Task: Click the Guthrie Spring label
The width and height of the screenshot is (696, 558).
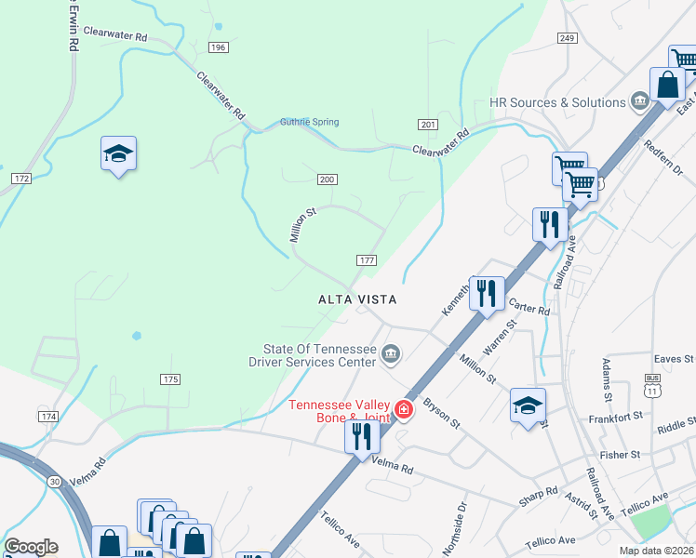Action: click(x=309, y=122)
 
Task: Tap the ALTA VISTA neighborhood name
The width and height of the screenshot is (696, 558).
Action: click(x=358, y=299)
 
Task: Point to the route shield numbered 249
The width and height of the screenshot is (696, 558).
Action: click(x=568, y=37)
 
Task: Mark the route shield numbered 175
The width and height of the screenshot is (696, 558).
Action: click(x=169, y=379)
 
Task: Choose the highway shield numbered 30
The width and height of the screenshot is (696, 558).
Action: click(x=55, y=481)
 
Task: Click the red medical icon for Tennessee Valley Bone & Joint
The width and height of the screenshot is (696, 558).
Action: click(x=404, y=409)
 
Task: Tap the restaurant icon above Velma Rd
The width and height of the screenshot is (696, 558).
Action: click(x=360, y=436)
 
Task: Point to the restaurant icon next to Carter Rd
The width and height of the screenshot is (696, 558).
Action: click(x=487, y=293)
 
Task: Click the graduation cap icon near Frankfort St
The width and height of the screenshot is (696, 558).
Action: click(x=528, y=405)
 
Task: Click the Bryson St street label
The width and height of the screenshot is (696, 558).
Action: click(x=442, y=414)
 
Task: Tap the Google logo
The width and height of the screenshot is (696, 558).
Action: click(x=31, y=547)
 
